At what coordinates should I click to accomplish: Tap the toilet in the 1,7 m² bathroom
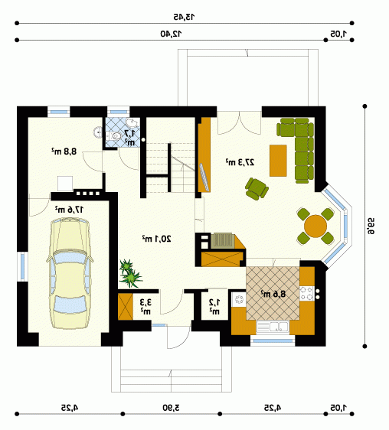113,135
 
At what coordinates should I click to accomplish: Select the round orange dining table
315,226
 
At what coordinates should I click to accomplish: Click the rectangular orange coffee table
278,161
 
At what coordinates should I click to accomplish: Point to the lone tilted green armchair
257,189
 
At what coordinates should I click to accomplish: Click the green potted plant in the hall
130,274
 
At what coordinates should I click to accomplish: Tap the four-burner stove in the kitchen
306,293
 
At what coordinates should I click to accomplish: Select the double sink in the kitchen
273,327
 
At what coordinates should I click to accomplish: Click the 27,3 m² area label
240,162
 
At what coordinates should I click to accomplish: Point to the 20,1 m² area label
156,239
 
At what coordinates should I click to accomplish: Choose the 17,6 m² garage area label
69,210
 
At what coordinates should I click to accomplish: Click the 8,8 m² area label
64,151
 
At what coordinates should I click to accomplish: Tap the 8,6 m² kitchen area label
273,294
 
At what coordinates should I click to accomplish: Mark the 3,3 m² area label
145,307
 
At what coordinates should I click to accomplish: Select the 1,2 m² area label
214,307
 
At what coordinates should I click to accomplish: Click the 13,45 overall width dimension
184,17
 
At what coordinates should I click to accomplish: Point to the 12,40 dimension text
171,34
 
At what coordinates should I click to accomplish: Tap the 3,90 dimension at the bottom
171,408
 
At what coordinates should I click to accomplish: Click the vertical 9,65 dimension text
371,226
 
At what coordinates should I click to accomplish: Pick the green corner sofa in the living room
297,149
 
